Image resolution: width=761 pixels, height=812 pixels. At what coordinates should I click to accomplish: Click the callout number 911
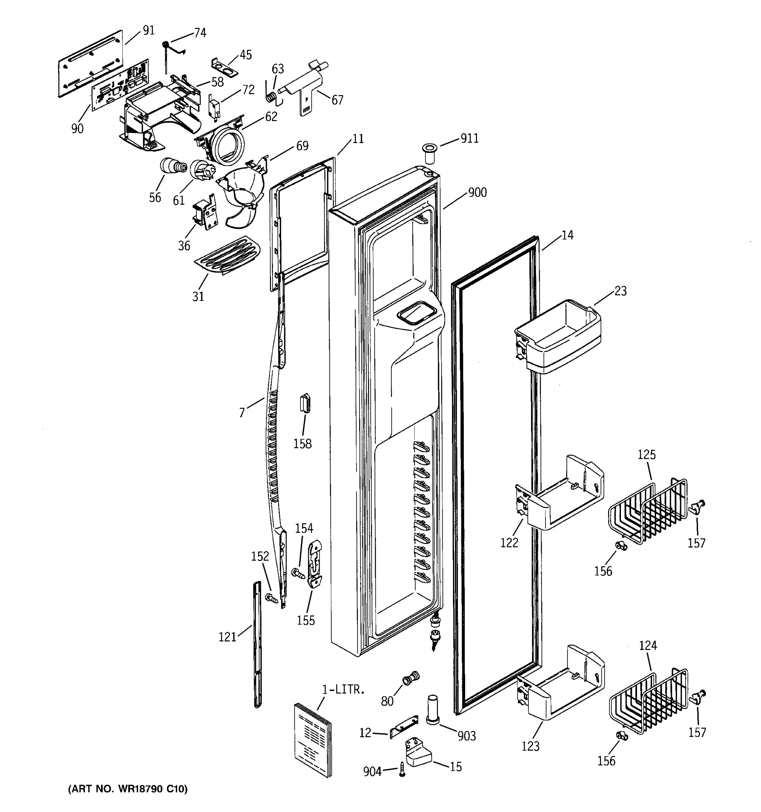(x=469, y=138)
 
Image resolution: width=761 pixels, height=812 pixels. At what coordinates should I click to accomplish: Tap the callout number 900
(x=477, y=193)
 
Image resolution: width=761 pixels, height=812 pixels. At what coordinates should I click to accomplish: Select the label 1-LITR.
(x=343, y=690)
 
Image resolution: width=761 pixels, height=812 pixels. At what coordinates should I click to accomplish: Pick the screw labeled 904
(x=402, y=769)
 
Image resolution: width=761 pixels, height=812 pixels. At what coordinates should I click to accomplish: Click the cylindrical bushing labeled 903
(x=433, y=710)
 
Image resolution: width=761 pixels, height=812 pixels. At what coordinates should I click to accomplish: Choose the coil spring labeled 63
(x=270, y=97)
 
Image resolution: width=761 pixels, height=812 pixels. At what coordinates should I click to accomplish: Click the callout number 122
(x=509, y=542)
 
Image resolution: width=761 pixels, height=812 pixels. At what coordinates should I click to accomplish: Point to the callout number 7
(x=242, y=413)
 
